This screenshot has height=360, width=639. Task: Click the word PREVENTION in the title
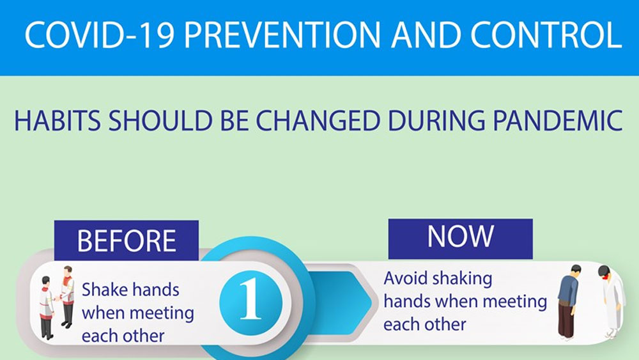tap(282, 35)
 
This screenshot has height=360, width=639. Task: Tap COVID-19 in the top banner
tap(100, 35)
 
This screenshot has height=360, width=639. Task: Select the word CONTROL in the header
tap(546, 35)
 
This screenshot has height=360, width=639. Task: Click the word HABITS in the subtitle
tap(58, 121)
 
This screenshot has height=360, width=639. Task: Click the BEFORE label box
tap(127, 240)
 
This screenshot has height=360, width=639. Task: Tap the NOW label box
tap(461, 239)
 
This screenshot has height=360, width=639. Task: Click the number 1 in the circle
tap(250, 299)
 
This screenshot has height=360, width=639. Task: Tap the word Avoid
tap(406, 278)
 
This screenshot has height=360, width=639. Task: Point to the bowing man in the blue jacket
tap(569, 302)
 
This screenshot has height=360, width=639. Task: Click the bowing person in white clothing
tap(612, 302)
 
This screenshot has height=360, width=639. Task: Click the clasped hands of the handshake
tap(58, 299)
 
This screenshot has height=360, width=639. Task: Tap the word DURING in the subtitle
tap(436, 121)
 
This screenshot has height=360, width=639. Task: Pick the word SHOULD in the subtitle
tap(160, 121)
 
